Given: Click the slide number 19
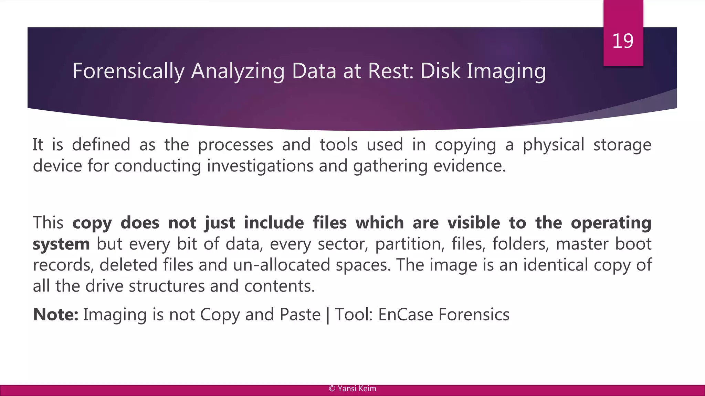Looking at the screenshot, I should click(623, 41).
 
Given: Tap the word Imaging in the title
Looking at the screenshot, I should click(506, 71).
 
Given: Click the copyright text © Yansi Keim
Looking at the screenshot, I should click(352, 389).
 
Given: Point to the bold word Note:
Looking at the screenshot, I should click(56, 315).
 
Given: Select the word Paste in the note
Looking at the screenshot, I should click(300, 315).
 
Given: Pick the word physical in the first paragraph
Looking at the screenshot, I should click(553, 145).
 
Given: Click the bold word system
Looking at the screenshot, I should click(61, 244).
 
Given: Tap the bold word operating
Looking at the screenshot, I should click(611, 223).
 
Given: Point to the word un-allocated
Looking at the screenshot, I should click(281, 265).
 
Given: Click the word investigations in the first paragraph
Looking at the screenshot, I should click(260, 166).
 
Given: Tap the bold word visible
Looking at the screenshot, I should click(474, 223).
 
